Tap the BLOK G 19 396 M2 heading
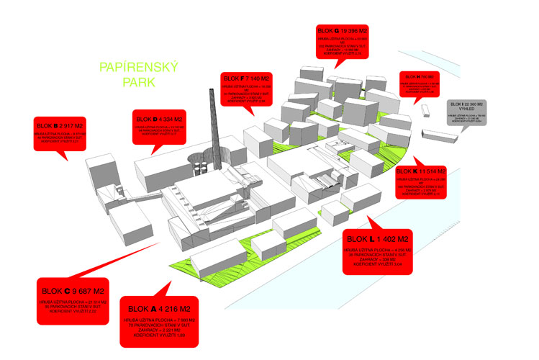pyautogui.click(x=342, y=31)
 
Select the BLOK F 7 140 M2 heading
pyautogui.click(x=245, y=78)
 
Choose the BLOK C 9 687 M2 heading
pyautogui.click(x=70, y=291)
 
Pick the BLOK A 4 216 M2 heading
pyautogui.click(x=156, y=309)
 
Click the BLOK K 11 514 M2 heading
pyautogui.click(x=421, y=172)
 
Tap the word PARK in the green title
pyautogui.click(x=138, y=83)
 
